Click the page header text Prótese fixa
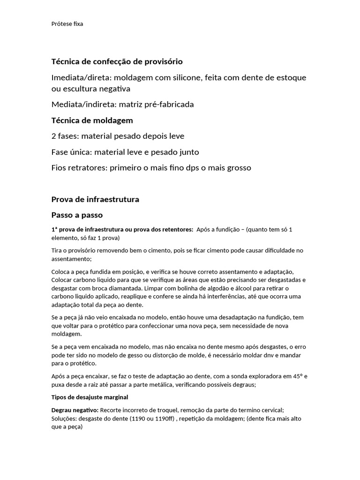coord(67,24)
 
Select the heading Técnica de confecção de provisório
coord(117,61)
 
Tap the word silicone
coord(185,77)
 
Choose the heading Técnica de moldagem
coord(92,120)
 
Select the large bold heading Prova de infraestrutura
coord(95,199)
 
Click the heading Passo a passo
coord(76,215)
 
